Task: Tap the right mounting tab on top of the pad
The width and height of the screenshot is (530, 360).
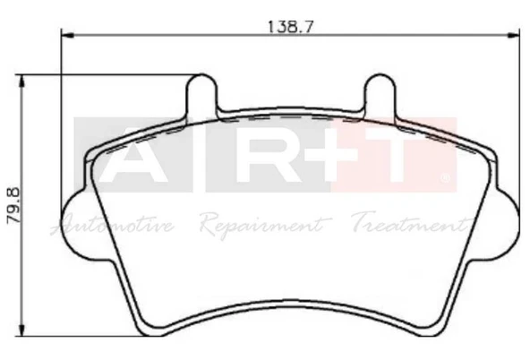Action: tap(380, 93)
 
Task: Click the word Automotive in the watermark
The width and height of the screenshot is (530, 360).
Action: tap(114, 224)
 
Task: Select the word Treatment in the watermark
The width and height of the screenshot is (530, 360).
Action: tap(407, 224)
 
